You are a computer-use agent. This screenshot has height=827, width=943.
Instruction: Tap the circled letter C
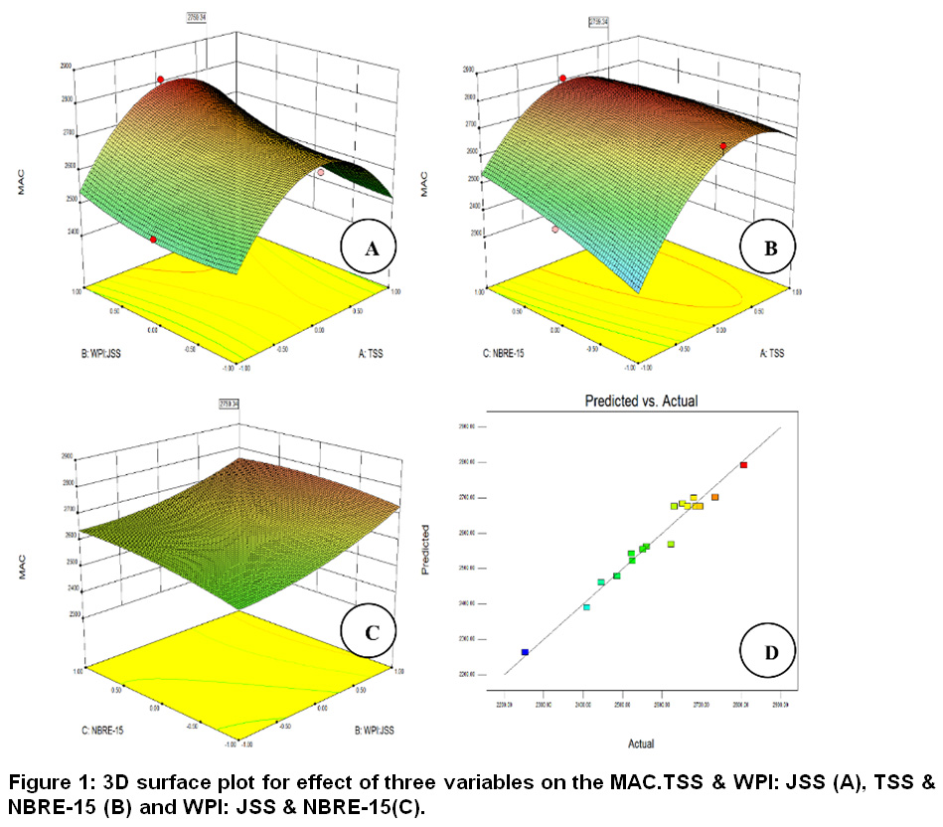tap(368, 629)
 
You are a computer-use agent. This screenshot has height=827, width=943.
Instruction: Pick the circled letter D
tap(769, 653)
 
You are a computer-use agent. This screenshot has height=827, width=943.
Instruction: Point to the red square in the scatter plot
tap(743, 464)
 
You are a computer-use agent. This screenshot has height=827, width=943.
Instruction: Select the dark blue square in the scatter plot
tap(525, 652)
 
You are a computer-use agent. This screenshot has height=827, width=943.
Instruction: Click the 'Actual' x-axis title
tap(640, 743)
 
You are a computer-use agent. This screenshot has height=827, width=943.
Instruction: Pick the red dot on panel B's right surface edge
tap(723, 146)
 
